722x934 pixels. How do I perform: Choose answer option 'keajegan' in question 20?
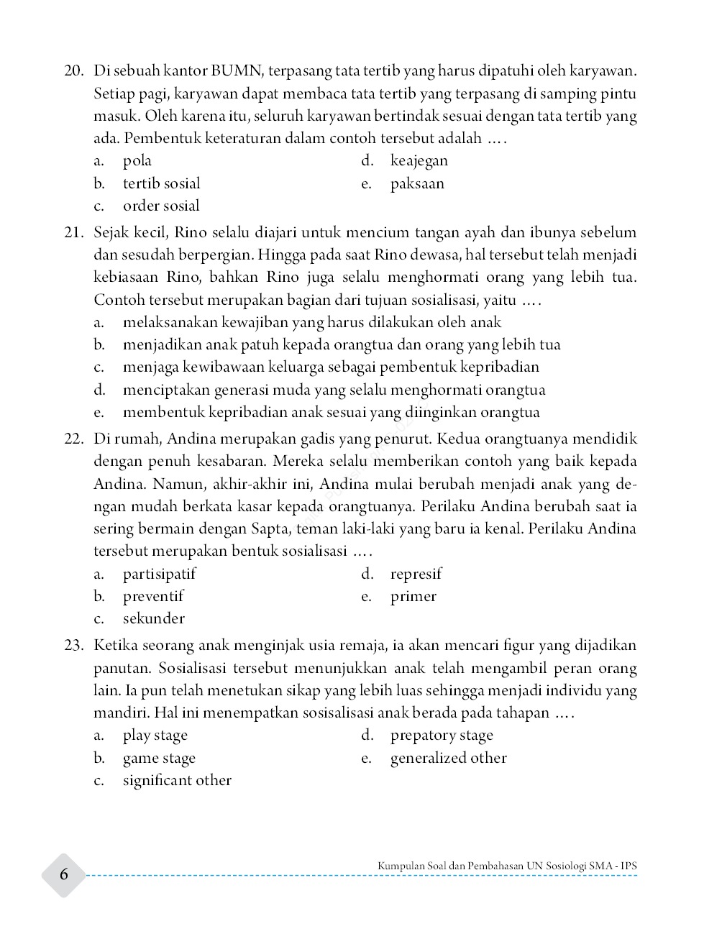[419, 160]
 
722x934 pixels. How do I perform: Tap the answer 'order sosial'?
[161, 206]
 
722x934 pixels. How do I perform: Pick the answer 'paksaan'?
[417, 183]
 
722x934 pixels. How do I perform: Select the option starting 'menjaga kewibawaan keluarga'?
[331, 367]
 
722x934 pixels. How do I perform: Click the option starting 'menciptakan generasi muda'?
[334, 390]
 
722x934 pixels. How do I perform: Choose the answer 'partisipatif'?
[159, 574]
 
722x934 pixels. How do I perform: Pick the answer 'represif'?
[416, 574]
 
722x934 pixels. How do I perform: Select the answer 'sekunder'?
[153, 618]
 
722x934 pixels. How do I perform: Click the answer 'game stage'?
[159, 758]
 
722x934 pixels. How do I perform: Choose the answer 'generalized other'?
[448, 758]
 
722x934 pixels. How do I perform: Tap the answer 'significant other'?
[177, 780]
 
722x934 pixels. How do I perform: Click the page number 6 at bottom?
[64, 874]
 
